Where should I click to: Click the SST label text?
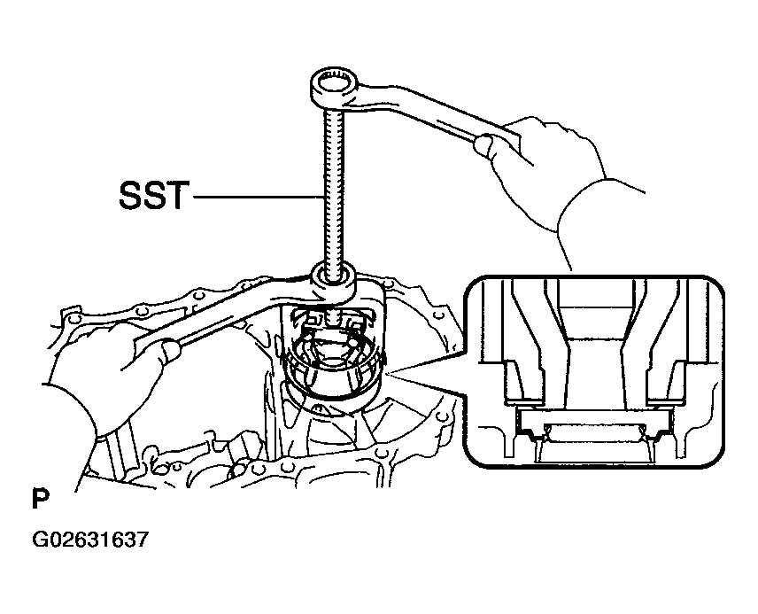coord(152,196)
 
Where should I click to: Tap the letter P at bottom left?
coord(41,499)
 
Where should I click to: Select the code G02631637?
coord(89,539)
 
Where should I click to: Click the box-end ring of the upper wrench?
coord(333,88)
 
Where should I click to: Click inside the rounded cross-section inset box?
coord(593,371)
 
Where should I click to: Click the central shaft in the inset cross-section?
coord(593,358)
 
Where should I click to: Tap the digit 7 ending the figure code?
coord(141,539)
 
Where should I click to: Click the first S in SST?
coord(130,196)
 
